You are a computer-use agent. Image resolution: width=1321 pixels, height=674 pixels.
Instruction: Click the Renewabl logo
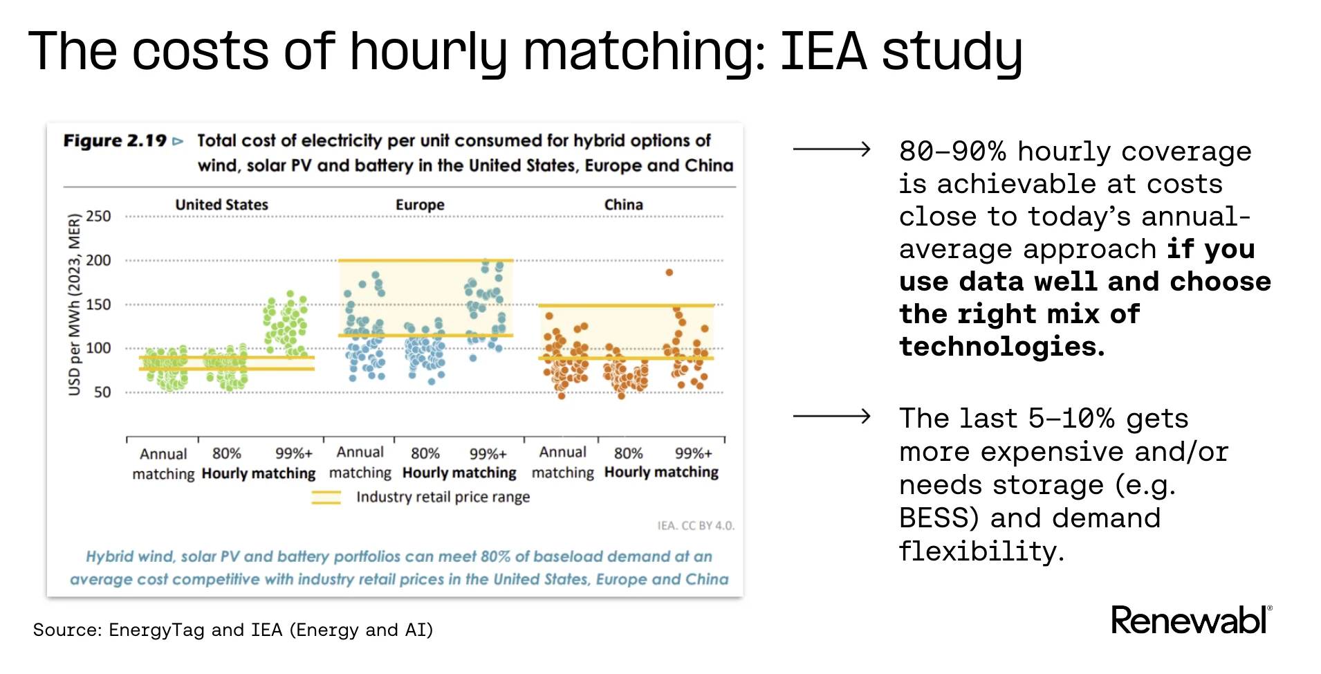pos(1190,620)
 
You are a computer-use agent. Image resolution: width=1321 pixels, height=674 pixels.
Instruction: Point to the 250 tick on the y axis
pos(98,216)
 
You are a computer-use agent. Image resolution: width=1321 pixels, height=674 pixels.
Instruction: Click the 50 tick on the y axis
pos(102,392)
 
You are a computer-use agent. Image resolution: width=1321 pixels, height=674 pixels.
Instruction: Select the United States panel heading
pos(221,205)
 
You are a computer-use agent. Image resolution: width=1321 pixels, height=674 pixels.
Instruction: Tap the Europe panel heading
pos(420,205)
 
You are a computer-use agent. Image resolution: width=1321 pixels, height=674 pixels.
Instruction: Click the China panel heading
pos(623,205)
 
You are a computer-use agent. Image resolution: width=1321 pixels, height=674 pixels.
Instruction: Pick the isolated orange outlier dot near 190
pos(669,273)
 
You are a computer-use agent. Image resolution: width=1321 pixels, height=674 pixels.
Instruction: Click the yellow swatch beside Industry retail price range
pos(326,497)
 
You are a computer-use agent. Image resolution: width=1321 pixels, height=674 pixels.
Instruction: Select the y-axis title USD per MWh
pos(74,304)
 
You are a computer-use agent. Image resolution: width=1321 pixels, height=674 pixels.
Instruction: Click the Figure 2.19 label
pos(115,140)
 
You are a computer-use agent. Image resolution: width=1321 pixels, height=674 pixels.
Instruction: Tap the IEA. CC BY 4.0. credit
pos(695,526)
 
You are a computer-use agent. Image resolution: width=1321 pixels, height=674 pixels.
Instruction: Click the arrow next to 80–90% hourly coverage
pos(831,149)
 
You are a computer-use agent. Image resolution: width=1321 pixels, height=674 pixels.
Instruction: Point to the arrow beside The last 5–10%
pos(831,416)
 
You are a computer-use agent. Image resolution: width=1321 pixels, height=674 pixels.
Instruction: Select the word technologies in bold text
pos(1001,346)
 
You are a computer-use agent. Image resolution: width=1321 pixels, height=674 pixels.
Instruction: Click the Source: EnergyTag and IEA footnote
pos(232,630)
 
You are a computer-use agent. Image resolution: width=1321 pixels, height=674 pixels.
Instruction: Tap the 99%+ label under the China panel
pos(693,453)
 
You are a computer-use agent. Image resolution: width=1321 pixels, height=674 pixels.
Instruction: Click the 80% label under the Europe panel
pos(425,453)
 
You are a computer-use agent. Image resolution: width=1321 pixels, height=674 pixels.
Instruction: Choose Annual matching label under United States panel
pos(163,464)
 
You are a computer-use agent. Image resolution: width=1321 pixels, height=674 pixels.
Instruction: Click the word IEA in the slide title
pos(823,51)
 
